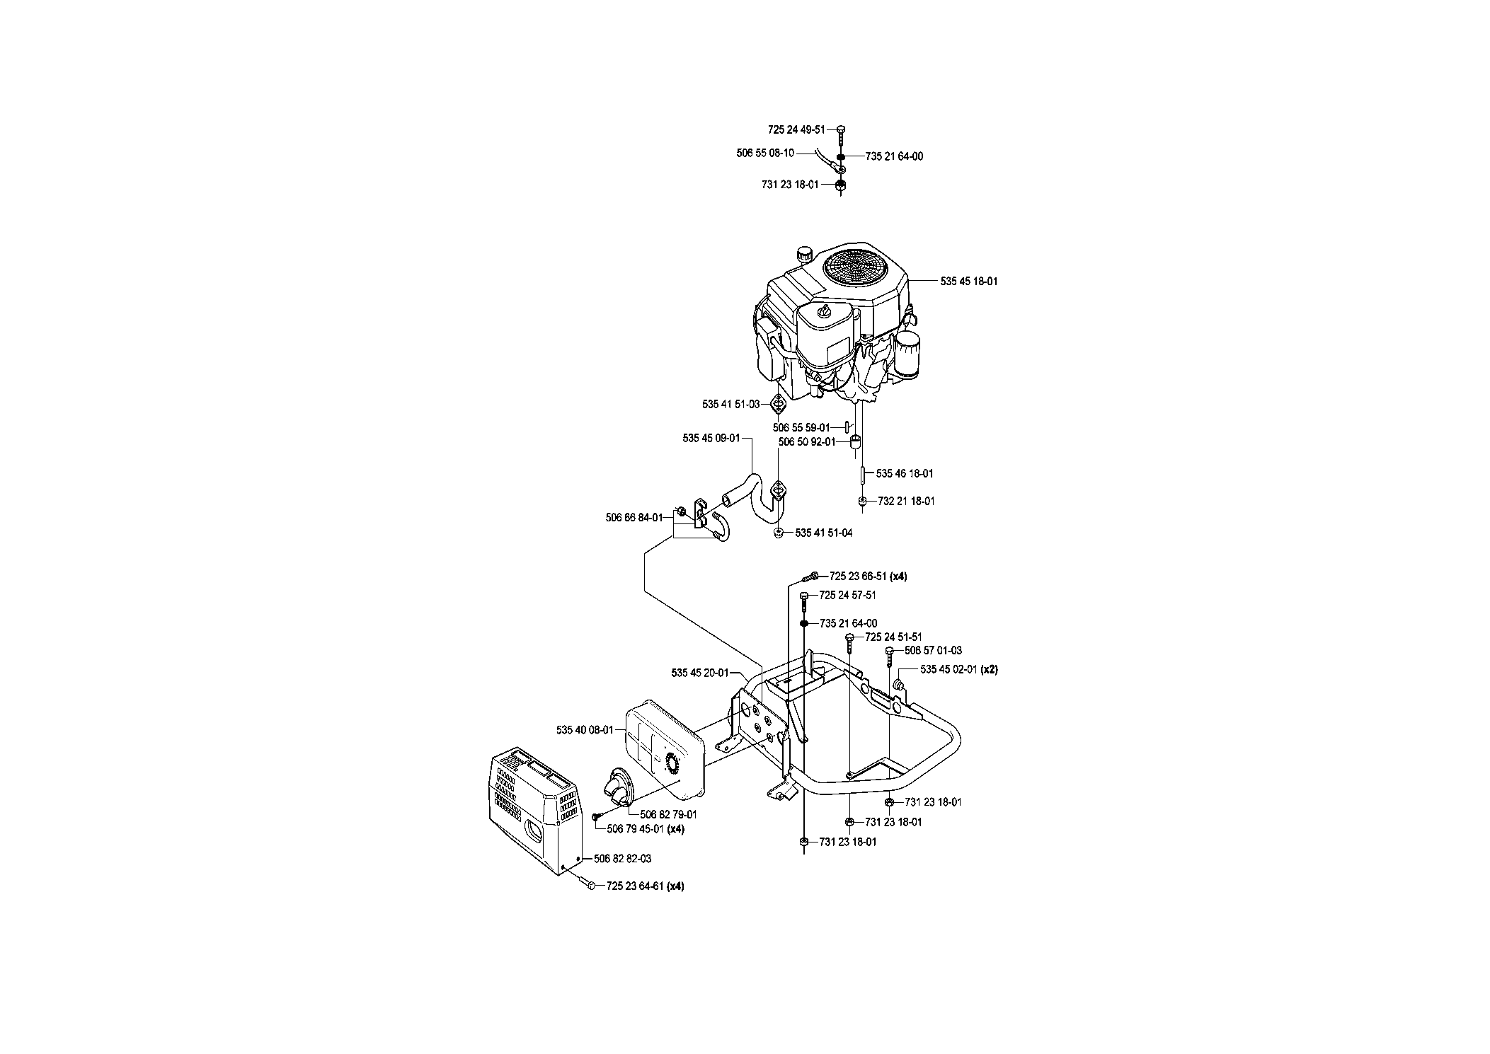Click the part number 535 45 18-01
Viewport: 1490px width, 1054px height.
pos(969,281)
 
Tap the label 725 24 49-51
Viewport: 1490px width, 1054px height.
pos(796,129)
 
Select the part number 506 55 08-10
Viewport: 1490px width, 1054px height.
pos(765,152)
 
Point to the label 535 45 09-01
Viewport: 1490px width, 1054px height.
pos(711,438)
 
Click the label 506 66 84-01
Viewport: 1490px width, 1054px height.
pos(634,517)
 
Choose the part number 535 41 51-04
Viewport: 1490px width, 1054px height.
pos(824,533)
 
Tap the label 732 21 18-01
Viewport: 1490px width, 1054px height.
pos(906,501)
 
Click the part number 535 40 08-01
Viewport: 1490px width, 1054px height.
pos(585,729)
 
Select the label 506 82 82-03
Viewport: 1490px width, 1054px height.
pos(623,858)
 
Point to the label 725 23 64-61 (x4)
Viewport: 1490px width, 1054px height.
pos(645,886)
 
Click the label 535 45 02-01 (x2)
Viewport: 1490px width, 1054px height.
pos(959,668)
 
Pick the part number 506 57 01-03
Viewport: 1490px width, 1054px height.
pos(933,650)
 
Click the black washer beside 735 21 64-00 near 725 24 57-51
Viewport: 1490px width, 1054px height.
pos(805,623)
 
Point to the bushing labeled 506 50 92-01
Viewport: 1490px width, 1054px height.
pos(855,444)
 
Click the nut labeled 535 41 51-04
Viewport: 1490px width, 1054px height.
pos(778,533)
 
